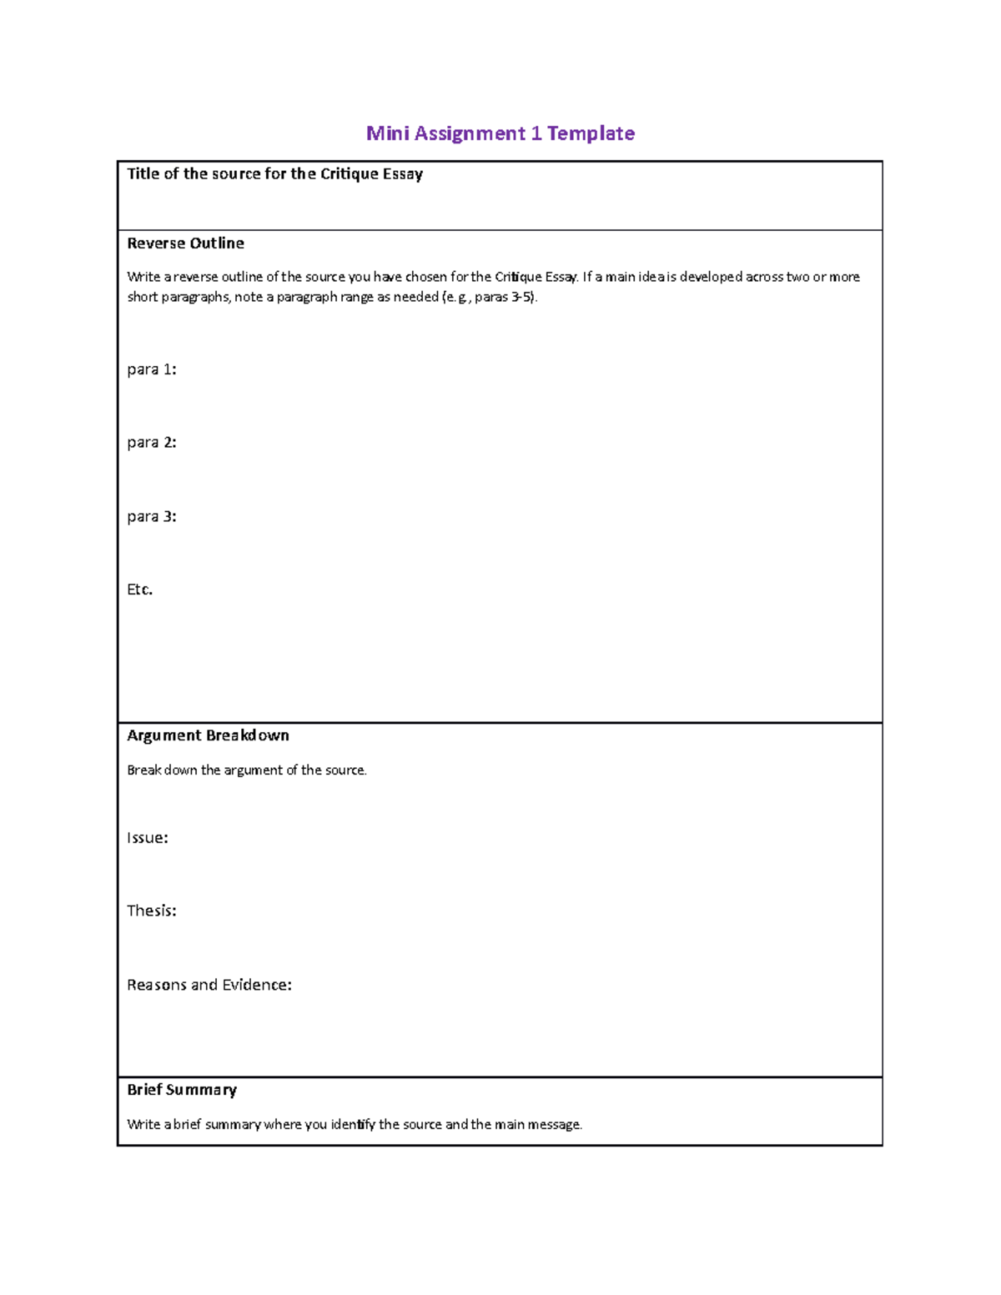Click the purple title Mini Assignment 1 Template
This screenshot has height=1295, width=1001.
coord(500,133)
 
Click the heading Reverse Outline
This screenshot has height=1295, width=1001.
coord(185,243)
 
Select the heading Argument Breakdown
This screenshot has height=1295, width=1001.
coord(208,735)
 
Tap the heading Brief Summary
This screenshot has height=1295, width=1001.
coord(182,1090)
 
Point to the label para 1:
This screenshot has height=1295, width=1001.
coord(151,369)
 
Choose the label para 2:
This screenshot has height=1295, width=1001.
coord(151,443)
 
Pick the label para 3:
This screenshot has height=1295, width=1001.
coord(151,517)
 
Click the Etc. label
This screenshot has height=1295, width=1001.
coord(139,590)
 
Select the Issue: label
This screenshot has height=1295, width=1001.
coord(147,838)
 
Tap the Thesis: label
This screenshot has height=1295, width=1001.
coord(151,911)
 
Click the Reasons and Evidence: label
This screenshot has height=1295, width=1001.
coord(209,985)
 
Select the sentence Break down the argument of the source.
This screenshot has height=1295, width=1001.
coord(246,770)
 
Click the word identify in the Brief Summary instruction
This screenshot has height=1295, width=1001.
coord(353,1125)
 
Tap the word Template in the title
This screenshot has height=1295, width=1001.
coord(591,133)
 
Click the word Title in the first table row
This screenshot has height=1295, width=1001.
coord(143,174)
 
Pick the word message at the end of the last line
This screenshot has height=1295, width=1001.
coord(555,1125)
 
